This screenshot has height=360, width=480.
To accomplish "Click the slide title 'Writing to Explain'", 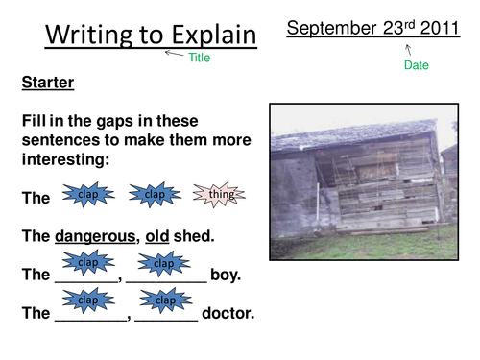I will click(x=152, y=36).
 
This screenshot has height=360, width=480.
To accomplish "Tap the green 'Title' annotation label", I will click(x=199, y=58).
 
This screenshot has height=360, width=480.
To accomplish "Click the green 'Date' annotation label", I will click(x=417, y=65).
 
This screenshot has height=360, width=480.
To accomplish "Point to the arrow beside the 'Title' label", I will click(x=174, y=54).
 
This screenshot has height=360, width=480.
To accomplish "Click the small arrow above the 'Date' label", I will click(x=408, y=47).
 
